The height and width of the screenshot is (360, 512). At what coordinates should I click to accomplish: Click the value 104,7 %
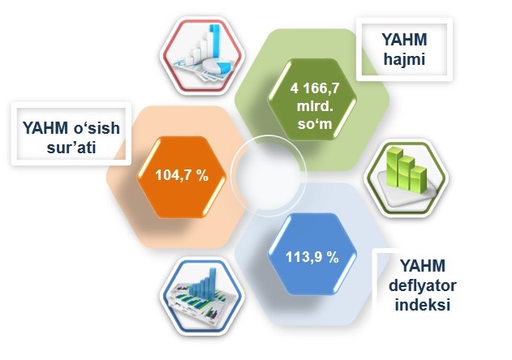(x=182, y=175)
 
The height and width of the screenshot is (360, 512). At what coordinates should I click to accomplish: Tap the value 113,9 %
(x=312, y=257)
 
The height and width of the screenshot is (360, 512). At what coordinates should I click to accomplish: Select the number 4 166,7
(x=315, y=88)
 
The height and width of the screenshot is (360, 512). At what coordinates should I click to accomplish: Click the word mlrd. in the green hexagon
(x=315, y=106)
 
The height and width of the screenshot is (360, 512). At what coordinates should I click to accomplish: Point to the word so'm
(x=315, y=124)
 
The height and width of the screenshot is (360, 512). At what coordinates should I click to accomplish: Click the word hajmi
(x=404, y=59)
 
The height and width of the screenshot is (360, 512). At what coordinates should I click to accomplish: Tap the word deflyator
(x=423, y=285)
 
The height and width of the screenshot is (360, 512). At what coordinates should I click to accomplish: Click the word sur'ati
(x=71, y=148)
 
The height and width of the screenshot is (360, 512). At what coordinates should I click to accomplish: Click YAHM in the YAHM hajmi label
(x=404, y=40)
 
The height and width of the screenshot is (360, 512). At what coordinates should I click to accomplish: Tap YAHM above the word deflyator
(x=423, y=266)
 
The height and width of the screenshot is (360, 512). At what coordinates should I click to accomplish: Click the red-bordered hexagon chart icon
(x=203, y=56)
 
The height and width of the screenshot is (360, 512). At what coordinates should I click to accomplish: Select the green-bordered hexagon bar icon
(x=407, y=178)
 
